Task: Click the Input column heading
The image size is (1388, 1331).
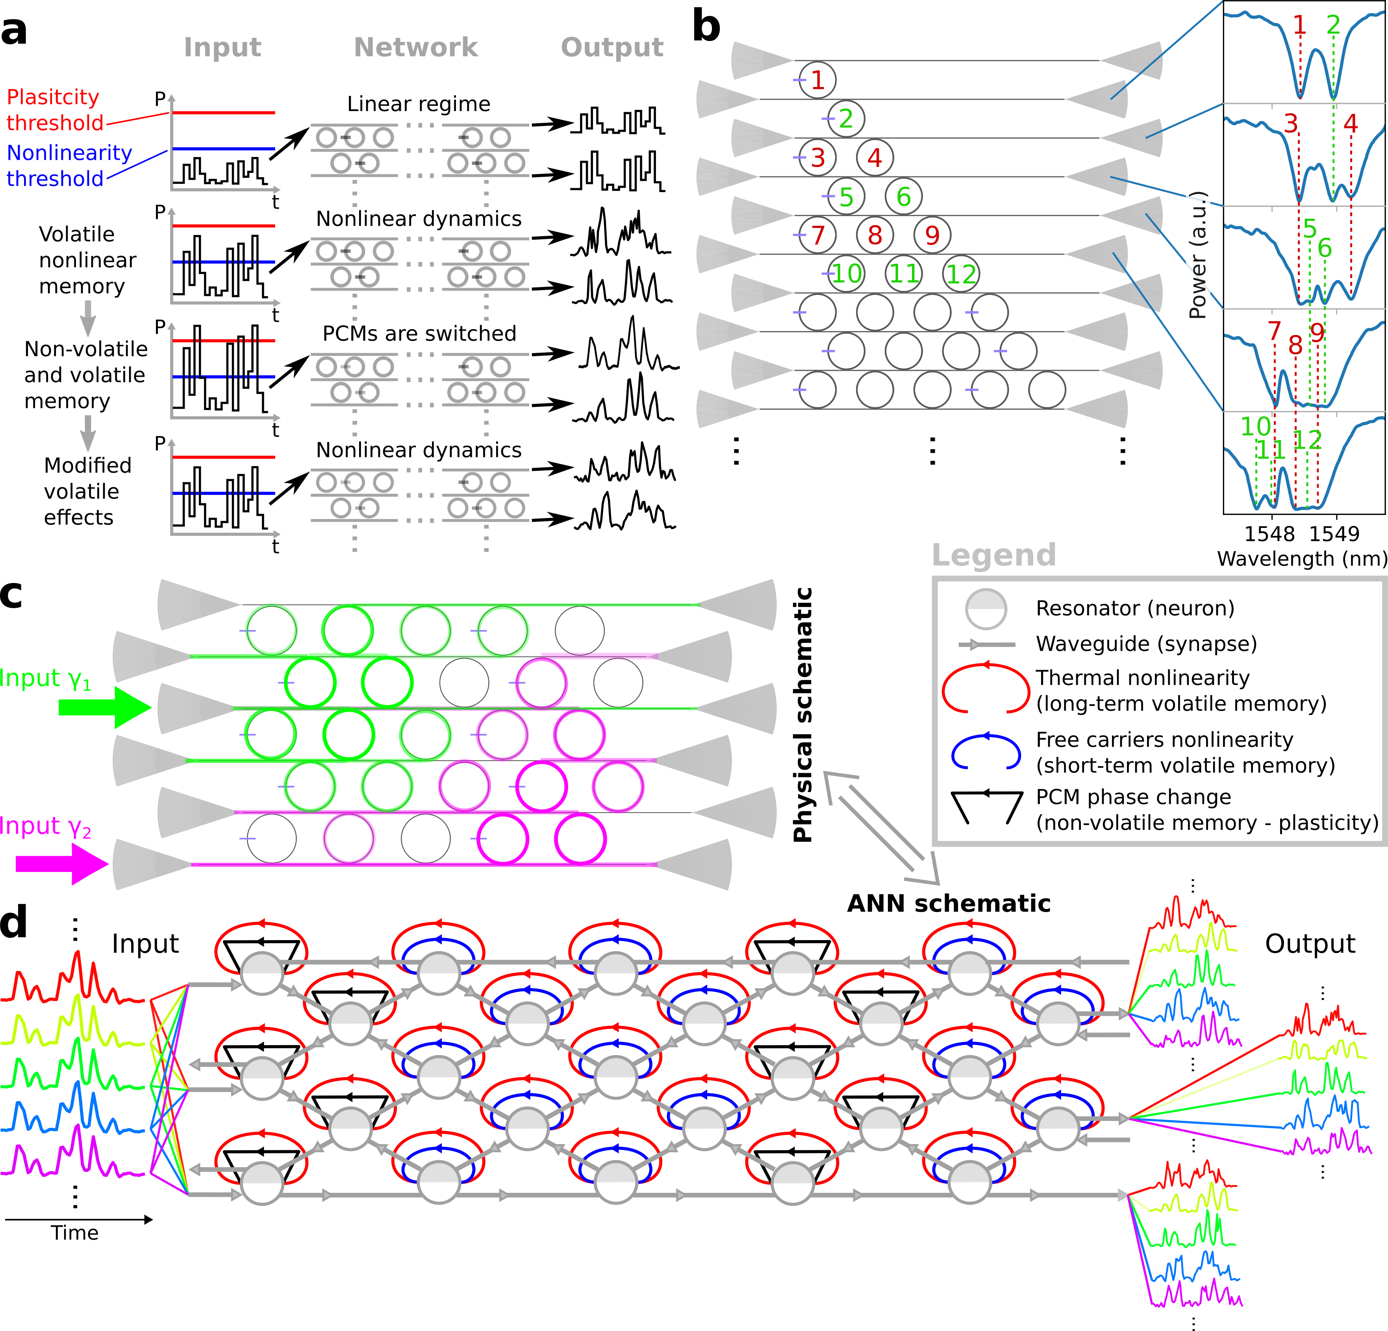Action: tap(222, 47)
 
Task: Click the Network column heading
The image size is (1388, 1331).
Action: tap(416, 47)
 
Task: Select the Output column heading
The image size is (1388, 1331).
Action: tap(612, 47)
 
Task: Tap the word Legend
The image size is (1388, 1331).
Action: tap(993, 555)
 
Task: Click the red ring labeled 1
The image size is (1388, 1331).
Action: tap(817, 80)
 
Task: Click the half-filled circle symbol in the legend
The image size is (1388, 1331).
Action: tap(986, 609)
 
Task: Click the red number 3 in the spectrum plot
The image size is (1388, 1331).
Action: tap(1291, 123)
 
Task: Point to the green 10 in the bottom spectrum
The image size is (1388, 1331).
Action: tap(1256, 427)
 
